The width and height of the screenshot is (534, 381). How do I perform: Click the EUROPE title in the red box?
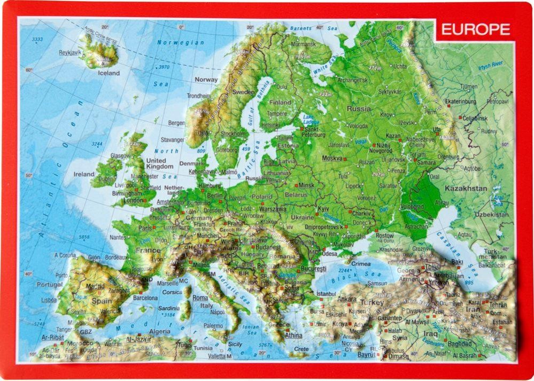coord(476,29)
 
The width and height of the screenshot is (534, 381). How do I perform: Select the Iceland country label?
coord(109,73)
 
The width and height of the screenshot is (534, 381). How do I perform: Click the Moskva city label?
coord(332,158)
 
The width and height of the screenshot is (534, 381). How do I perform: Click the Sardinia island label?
coord(168,308)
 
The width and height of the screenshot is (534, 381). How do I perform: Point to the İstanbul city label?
coord(325,294)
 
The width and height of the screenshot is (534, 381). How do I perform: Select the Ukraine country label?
coord(302,218)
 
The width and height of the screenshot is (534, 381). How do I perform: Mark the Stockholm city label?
coord(233,133)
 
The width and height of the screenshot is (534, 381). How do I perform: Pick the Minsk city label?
coord(306,185)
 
